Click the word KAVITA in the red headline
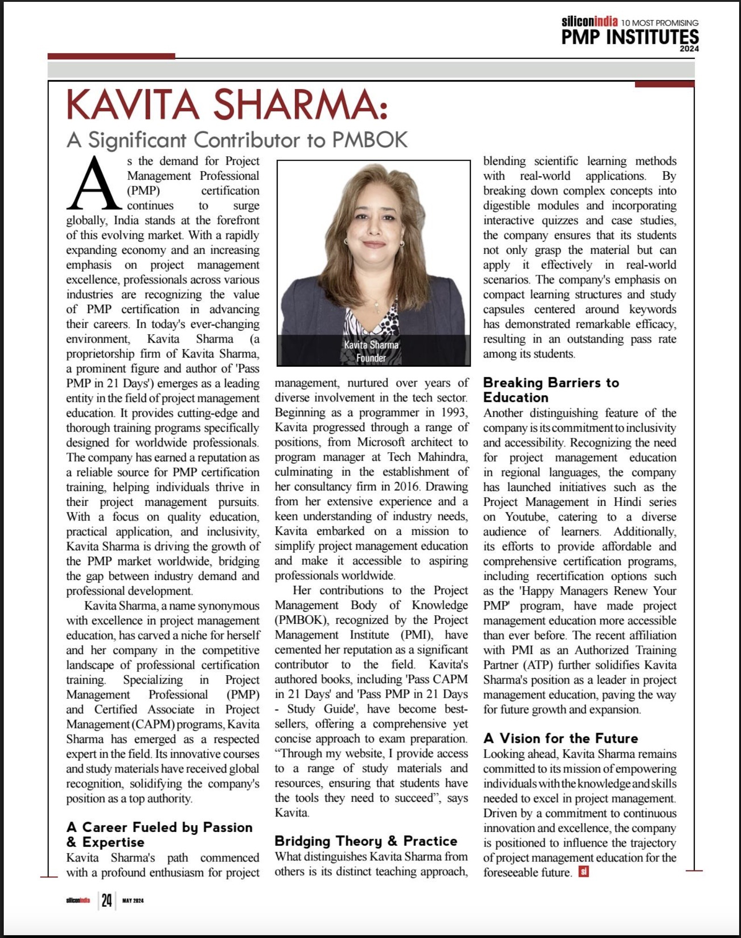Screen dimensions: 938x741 pos(133,105)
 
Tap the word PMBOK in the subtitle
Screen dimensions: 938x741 pos(370,140)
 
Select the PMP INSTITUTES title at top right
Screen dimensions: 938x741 pos(629,37)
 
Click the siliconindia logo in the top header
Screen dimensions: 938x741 pos(589,21)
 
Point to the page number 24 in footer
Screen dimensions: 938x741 pos(107,900)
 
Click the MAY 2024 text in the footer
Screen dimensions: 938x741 pos(133,901)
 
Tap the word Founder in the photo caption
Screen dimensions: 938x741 pos(371,358)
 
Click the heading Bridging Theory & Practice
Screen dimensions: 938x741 pos(366,841)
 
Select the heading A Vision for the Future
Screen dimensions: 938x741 pos(560,738)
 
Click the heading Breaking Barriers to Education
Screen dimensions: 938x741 pos(551,390)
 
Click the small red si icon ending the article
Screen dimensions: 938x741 pos(583,871)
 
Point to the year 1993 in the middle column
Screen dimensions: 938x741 pos(453,413)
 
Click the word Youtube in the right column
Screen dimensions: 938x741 pos(525,517)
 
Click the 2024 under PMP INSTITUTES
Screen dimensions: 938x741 pos(689,49)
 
